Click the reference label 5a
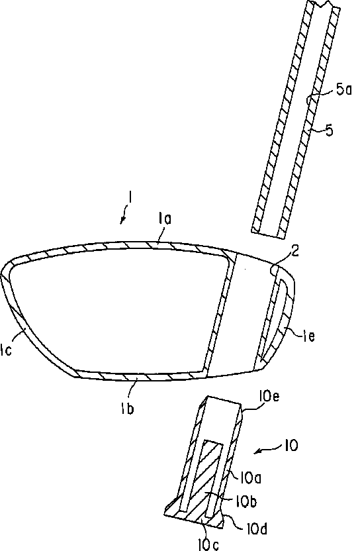[344, 89]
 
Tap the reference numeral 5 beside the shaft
[329, 130]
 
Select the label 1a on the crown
[164, 219]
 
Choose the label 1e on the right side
[308, 336]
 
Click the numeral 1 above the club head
[130, 197]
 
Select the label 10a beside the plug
[251, 477]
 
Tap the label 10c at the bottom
[208, 544]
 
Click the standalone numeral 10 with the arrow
[291, 446]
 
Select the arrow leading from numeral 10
[268, 449]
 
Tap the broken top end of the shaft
[324, 4]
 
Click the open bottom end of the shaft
[269, 234]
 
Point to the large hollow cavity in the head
[116, 309]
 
